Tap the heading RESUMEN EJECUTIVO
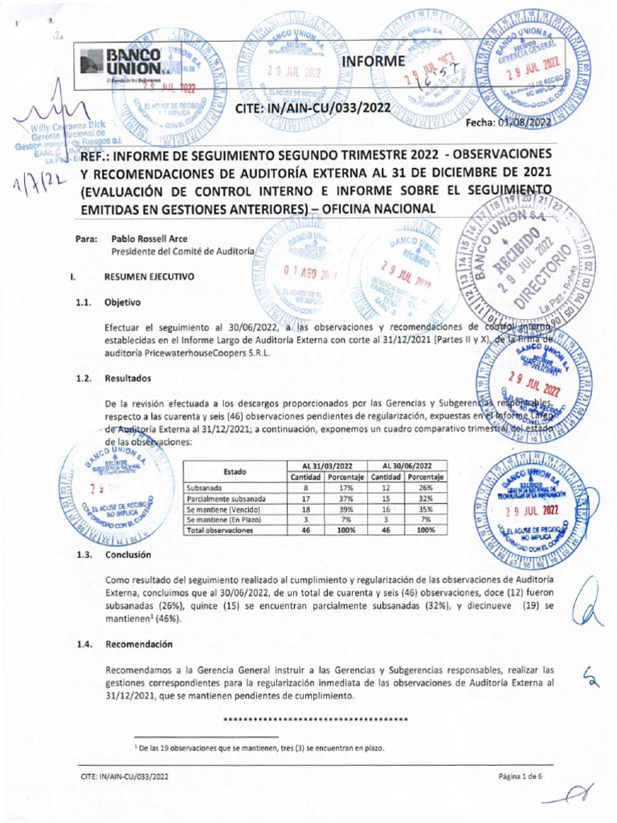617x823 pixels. pos(149,276)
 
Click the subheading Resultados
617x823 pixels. pos(127,378)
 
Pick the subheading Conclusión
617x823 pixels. pos(128,555)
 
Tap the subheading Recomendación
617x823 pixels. pos(139,644)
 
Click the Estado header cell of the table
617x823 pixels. pos(235,472)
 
